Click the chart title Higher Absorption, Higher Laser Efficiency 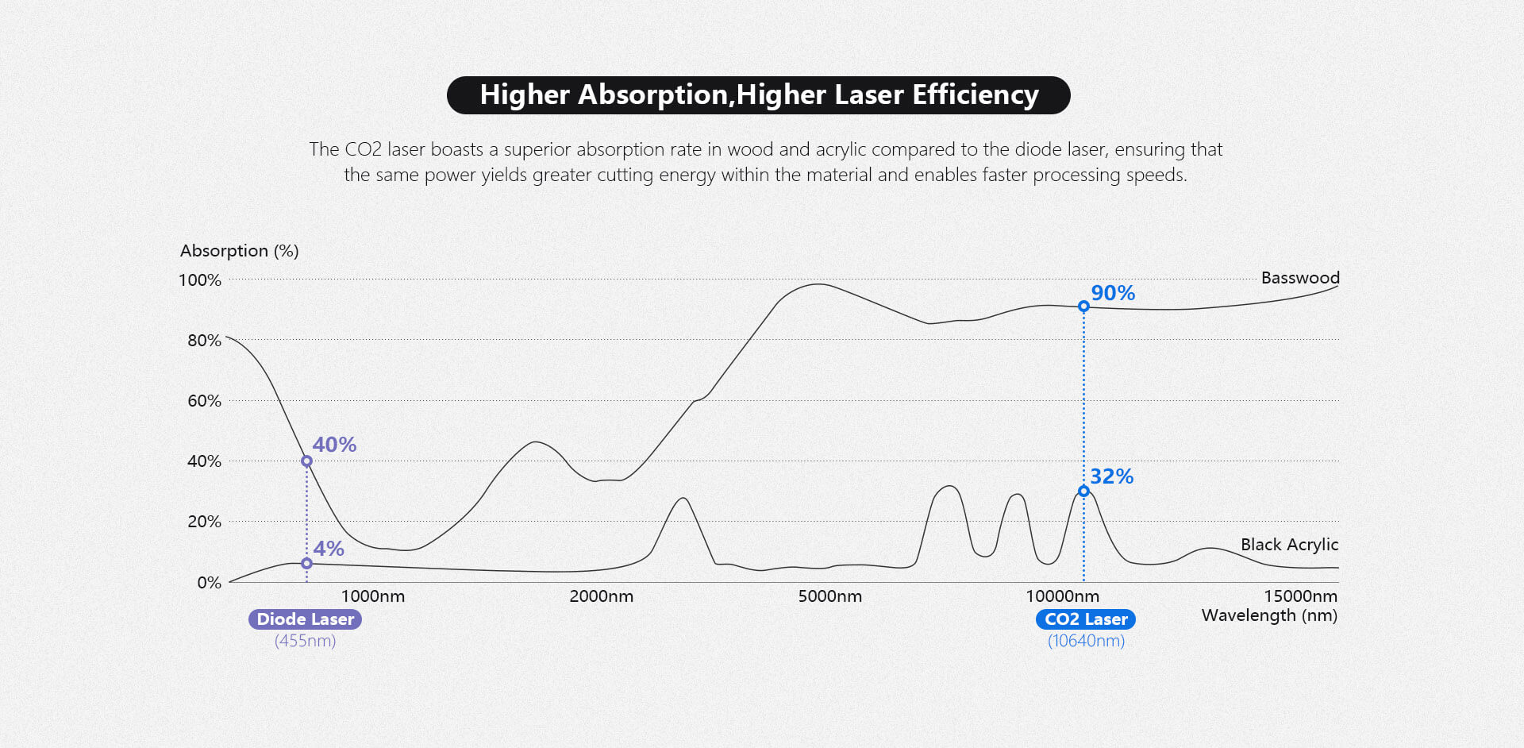pos(758,95)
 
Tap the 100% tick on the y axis pos(200,280)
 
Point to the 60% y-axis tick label pos(204,401)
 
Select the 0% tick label pos(210,583)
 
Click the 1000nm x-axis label pos(373,596)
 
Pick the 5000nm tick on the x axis pos(829,596)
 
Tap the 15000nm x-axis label pos(1300,596)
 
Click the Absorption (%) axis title pos(239,251)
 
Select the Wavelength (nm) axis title pos(1269,615)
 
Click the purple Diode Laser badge pos(305,619)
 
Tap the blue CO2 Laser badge pos(1085,619)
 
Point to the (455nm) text pos(305,641)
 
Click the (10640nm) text pos(1086,641)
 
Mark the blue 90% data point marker pos(1083,307)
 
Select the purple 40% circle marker pos(306,461)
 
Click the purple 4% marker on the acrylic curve pos(306,564)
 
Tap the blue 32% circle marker pos(1083,492)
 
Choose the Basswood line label pos(1300,278)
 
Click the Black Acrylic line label pos(1289,545)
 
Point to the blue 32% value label pos(1111,476)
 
